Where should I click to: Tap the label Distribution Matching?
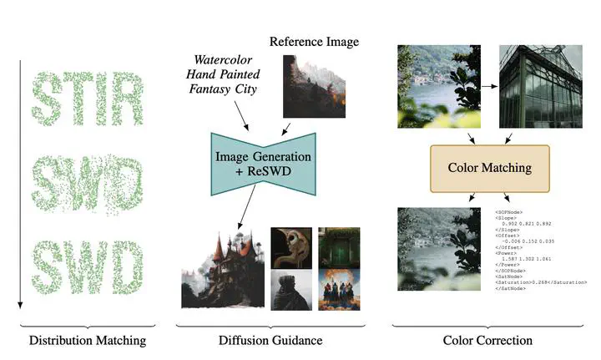[88, 340]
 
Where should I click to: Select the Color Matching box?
[487, 167]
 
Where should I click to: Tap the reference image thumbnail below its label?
[314, 86]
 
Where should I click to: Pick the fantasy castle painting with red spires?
[220, 267]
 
